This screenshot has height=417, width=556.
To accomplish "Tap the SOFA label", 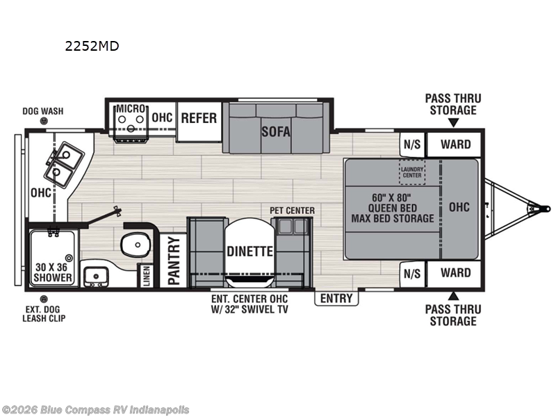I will tap(275, 131).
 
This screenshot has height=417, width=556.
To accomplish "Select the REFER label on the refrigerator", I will tap(199, 118).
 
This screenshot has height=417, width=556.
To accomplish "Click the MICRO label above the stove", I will tap(130, 109).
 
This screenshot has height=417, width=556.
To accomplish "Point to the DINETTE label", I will tap(249, 252).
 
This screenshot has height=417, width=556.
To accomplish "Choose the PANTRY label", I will tap(174, 261).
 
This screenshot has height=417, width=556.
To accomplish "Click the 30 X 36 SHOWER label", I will tap(53, 272).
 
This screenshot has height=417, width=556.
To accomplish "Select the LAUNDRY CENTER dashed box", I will tap(411, 170).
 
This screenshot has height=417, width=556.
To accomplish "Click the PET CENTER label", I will tap(293, 210).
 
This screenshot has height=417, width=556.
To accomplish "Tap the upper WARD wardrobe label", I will tap(455, 145).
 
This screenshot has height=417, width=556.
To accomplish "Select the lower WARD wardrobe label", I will tap(455, 273).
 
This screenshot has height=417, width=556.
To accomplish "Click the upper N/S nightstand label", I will tap(411, 145).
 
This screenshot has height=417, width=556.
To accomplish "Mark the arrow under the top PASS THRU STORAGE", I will tap(453, 123).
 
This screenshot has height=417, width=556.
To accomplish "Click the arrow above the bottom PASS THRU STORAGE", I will tap(453, 295).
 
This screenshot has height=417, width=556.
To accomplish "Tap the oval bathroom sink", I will tap(133, 244).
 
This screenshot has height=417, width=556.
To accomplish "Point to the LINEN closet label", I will tap(147, 275).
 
